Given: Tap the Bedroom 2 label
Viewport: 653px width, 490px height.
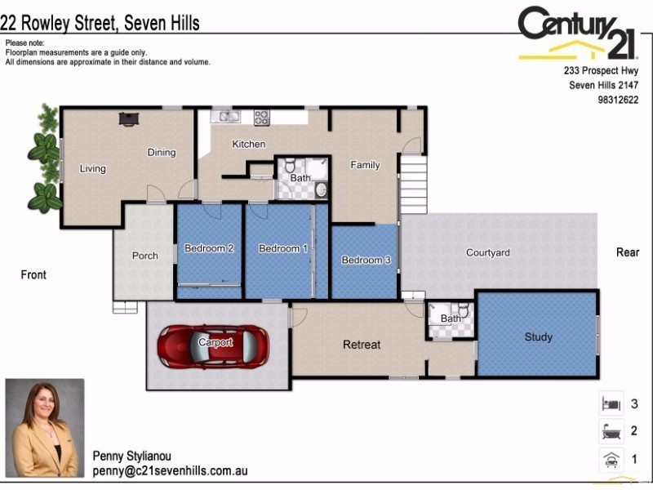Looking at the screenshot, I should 209,248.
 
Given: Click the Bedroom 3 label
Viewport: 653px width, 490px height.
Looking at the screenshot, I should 365,260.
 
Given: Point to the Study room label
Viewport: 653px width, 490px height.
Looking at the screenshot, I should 539,336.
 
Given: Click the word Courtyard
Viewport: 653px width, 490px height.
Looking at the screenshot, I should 487,252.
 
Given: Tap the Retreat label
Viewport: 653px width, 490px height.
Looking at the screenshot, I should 362,345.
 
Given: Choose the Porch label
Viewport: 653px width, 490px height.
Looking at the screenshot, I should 145,256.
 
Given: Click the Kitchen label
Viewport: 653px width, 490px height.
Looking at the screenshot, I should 249,144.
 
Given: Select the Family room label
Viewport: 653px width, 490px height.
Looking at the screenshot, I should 365,165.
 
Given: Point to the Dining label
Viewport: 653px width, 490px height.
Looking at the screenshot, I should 162,152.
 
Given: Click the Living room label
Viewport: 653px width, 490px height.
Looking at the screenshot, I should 92,169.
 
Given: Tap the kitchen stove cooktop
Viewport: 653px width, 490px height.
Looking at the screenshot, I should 261,117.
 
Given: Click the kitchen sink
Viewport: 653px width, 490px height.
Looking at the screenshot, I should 224,117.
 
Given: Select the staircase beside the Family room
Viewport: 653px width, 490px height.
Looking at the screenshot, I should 413,184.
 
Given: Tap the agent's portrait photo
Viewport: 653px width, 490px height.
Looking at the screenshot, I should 45,428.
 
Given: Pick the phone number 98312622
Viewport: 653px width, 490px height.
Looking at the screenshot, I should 616,100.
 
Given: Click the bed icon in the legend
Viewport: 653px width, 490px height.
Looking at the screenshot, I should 611,403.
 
